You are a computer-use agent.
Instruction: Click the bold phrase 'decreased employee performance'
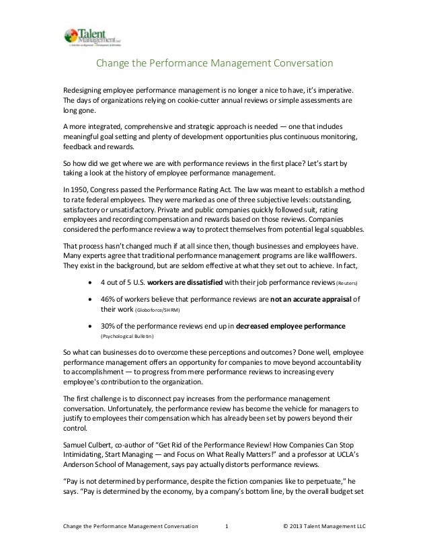(290, 325)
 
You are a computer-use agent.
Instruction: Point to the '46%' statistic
(108, 300)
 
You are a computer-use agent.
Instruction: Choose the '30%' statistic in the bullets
(108, 325)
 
